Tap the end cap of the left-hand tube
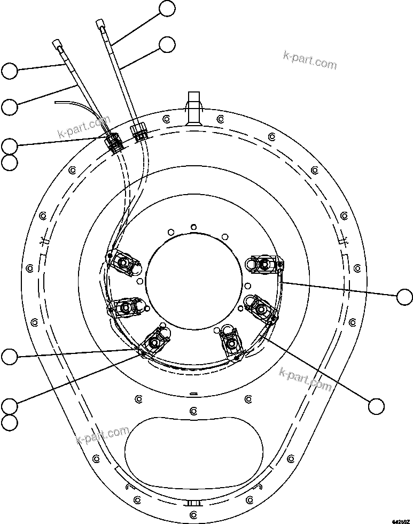pos(57,43)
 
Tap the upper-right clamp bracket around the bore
pos(262,264)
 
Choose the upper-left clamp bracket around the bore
pos(124,262)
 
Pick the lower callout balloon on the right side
pos(376,406)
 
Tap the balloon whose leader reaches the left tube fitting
pos(10,145)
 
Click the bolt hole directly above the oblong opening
pos(193,411)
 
